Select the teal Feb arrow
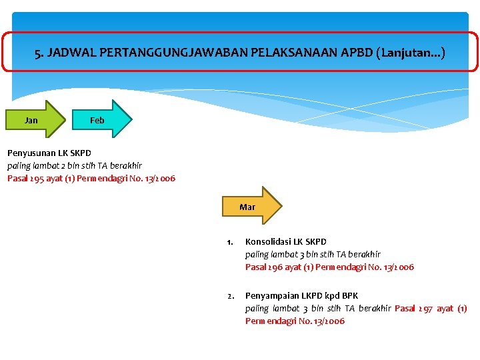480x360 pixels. (101, 120)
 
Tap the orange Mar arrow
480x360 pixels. (251, 207)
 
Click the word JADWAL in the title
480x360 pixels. (70, 52)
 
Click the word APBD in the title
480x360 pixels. (356, 52)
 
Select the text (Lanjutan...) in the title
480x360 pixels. (410, 52)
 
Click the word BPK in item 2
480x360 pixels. (349, 295)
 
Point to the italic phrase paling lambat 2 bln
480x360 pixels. (37, 165)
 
